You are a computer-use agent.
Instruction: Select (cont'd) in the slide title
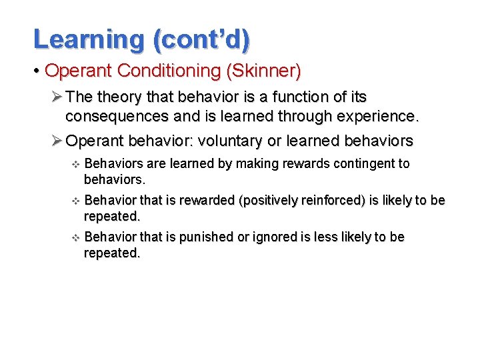tap(201, 40)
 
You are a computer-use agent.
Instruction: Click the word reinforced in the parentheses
tap(333, 201)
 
